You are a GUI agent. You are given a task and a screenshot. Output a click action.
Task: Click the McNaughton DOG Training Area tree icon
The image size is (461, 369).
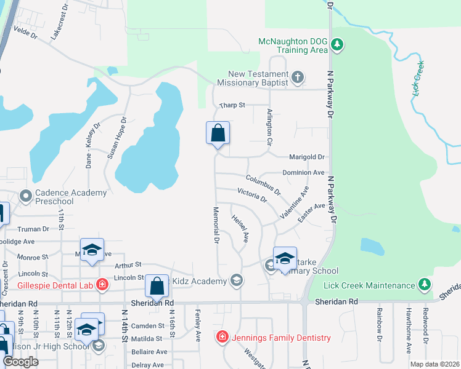click(337, 44)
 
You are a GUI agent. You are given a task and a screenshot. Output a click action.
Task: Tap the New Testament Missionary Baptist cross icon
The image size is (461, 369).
click(297, 77)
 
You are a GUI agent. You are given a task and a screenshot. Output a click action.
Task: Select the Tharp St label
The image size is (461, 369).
click(233, 105)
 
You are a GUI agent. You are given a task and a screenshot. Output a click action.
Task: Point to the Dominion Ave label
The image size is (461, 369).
click(303, 173)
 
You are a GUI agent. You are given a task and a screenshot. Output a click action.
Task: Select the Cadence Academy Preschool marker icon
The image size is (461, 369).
click(25, 197)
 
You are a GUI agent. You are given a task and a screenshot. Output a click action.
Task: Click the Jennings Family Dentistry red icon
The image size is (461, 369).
click(222, 337)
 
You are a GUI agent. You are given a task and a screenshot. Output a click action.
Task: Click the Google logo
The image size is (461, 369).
click(20, 361)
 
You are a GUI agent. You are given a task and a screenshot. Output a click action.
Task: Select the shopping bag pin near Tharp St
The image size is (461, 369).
click(218, 133)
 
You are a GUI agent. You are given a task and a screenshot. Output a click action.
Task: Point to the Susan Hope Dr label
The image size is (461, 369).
click(117, 138)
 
